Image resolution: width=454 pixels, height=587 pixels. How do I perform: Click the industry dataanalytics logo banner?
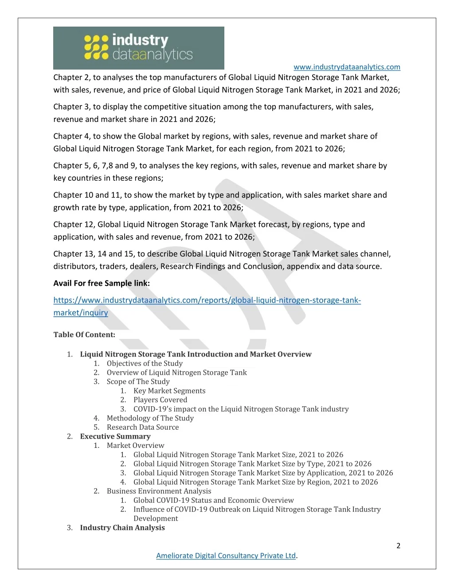tap(138, 48)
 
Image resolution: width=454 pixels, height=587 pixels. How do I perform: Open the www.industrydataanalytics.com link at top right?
tap(347, 67)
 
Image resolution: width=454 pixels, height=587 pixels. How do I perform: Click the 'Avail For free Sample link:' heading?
tap(102, 284)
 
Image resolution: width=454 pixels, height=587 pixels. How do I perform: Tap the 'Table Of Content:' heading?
tap(84, 335)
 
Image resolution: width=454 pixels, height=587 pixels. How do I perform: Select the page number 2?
tap(398, 546)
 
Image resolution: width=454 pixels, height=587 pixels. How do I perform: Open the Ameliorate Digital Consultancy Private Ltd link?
tap(226, 556)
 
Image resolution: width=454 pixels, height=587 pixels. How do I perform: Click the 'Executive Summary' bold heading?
tap(115, 436)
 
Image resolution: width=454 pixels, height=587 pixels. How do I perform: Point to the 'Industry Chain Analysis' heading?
tap(122, 528)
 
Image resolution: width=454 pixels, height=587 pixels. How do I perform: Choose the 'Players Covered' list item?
tap(160, 400)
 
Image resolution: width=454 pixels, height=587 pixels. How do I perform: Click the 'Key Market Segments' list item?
tap(169, 391)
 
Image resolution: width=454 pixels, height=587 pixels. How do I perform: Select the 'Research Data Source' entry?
tap(143, 427)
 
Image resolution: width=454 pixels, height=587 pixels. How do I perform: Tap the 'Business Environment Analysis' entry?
tap(159, 491)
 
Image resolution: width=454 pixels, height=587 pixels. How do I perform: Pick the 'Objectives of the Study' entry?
tap(145, 363)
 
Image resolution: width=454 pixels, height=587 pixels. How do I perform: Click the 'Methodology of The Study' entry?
tap(150, 418)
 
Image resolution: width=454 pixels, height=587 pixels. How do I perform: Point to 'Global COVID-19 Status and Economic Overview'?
tap(213, 500)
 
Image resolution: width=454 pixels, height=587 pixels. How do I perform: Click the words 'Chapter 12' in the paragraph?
tap(73, 225)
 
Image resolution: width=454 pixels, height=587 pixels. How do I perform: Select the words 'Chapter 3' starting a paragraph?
tap(71, 107)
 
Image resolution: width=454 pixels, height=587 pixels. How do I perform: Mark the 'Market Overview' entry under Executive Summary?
tap(135, 445)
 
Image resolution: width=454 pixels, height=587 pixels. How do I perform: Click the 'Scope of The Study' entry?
tap(138, 381)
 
